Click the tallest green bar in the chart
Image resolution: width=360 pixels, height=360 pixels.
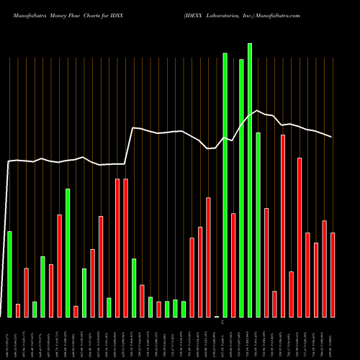click(250, 180)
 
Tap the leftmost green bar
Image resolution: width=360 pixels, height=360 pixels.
click(9, 274)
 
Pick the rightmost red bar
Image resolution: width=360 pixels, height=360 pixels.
click(333, 274)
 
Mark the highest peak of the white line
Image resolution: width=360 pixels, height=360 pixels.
click(258, 110)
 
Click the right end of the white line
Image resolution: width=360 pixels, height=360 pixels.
click(332, 137)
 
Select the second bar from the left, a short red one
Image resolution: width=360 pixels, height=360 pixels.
click(18, 310)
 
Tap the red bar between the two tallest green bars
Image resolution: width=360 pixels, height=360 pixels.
click(233, 265)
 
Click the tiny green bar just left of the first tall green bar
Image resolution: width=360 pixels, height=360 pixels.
click(217, 316)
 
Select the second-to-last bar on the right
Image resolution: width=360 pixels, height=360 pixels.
click(324, 269)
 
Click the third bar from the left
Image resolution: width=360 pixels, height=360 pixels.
click(26, 292)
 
